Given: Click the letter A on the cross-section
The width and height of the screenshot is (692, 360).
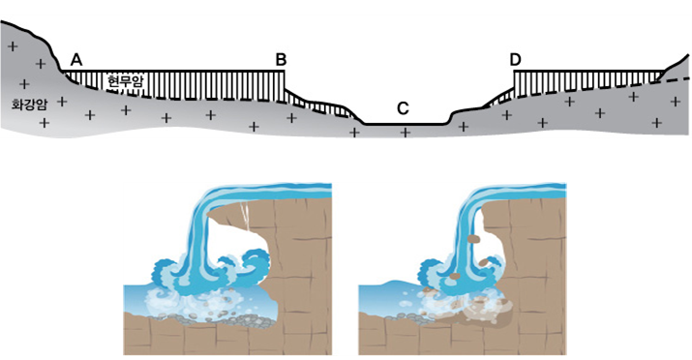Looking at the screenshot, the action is coord(76,59).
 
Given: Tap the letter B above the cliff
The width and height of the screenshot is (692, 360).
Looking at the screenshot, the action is coord(281,59).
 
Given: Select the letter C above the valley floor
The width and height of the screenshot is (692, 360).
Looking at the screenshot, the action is coord(403,108).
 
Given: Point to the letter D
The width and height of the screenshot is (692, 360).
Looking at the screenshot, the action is coord(515,59).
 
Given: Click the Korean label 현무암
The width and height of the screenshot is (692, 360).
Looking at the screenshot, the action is coord(126,80).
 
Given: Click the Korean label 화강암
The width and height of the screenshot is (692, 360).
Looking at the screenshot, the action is coord(29,105).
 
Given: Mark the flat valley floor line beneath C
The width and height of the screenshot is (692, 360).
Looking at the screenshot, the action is coord(406,125).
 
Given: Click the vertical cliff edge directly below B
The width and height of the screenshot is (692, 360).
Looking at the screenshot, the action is coord(285,79).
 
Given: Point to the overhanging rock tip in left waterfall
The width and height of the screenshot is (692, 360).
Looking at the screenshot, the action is coord(208,215).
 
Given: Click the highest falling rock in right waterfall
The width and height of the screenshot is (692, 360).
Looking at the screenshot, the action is coord(473,239).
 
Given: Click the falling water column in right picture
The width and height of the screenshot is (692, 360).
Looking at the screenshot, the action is coord(467,238).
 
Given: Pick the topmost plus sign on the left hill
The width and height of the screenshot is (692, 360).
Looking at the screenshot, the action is coord(14,45).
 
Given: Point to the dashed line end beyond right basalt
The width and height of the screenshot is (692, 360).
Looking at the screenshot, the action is coord(687,78).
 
